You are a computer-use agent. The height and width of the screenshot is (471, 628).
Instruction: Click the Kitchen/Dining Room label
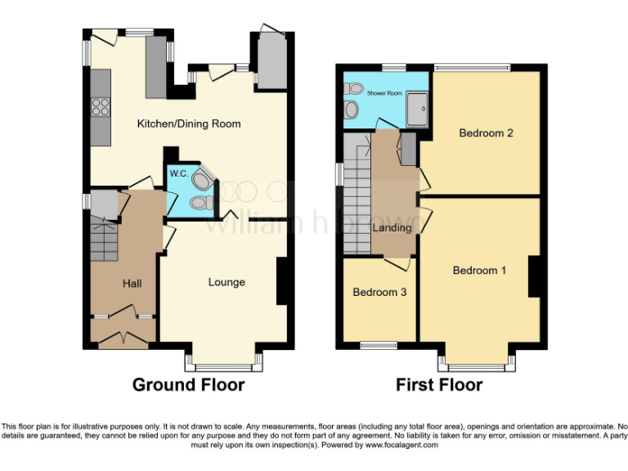188,123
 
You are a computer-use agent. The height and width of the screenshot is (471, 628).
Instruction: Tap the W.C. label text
178,173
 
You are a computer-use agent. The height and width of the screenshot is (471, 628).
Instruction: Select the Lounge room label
227,282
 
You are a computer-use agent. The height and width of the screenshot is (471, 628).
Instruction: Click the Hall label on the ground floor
132,284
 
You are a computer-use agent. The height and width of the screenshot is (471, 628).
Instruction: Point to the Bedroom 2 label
486,132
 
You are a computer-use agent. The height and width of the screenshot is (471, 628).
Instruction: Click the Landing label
392,227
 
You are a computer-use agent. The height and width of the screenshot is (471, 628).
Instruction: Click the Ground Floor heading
188,384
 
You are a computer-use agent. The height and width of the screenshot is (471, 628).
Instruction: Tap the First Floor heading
439,384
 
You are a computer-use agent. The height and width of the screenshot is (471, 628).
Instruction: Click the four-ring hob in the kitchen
100,106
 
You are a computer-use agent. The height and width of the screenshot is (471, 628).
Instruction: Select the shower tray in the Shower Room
416,103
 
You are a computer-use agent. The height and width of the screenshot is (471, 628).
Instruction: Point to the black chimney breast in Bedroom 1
536,276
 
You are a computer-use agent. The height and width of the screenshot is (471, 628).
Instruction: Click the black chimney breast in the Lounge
282,281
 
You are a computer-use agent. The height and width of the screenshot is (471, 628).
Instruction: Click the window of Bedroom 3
378,345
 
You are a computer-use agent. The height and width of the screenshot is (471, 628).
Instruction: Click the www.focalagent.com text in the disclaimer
401,446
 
